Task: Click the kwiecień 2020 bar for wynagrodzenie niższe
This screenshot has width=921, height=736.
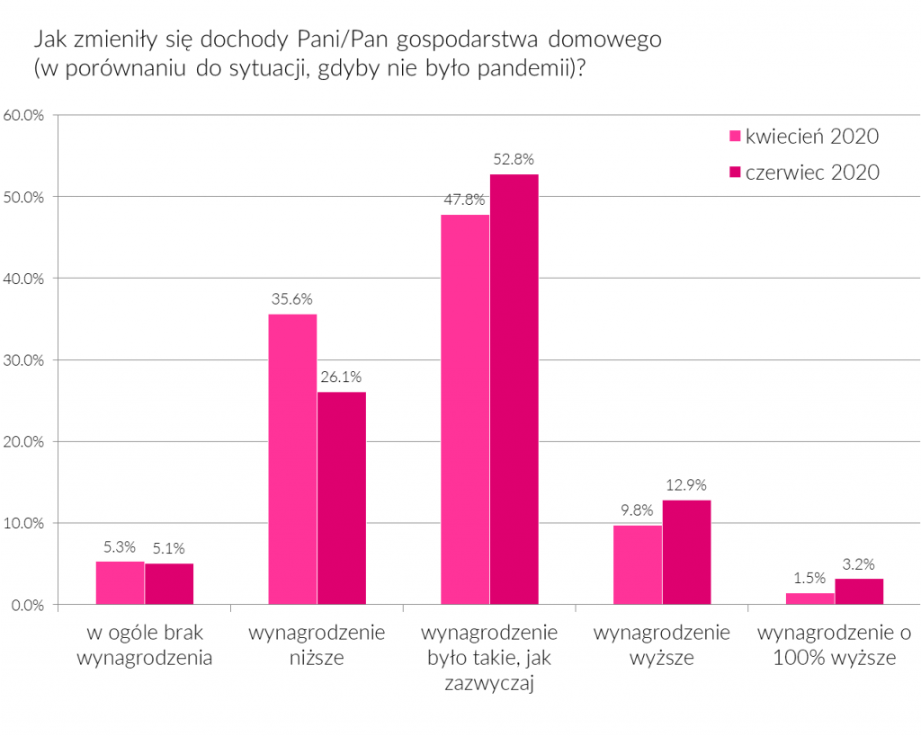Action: tap(292, 458)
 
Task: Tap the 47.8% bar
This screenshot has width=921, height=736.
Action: tap(465, 409)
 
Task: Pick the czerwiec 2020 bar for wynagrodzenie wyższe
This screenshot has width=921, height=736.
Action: tap(686, 552)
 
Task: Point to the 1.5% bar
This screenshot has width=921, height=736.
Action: tap(810, 599)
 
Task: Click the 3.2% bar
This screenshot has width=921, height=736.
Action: tap(859, 591)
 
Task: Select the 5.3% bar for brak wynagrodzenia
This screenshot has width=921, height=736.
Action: tap(120, 582)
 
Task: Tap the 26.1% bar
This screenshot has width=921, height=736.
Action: tap(342, 498)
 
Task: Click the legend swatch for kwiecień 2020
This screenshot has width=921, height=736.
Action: tap(734, 137)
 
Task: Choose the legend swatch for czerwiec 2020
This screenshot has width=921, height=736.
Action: tap(734, 172)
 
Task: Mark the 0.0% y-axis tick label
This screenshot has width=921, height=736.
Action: tap(28, 605)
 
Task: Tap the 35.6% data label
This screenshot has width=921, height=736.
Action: tap(292, 300)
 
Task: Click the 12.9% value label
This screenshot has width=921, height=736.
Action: tap(686, 486)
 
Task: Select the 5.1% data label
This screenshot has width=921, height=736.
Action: tap(169, 549)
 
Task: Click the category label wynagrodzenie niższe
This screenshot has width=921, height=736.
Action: tap(317, 644)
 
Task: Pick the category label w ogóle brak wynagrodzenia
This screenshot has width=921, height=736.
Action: tap(145, 644)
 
